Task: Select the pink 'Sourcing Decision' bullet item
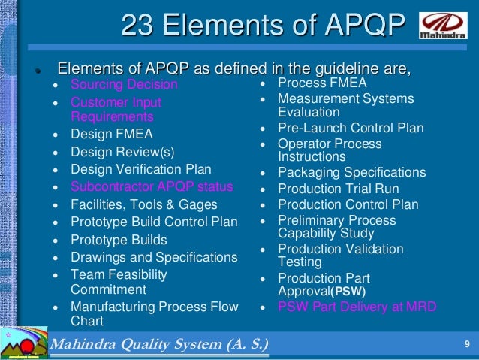pyautogui.click(x=124, y=85)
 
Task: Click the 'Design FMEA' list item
pyautogui.click(x=112, y=135)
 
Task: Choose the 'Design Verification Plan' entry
pyautogui.click(x=141, y=170)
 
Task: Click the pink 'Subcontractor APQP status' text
pyautogui.click(x=152, y=187)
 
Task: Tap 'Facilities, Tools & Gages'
pyautogui.click(x=144, y=204)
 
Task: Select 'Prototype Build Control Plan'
pyautogui.click(x=154, y=222)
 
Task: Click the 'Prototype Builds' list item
pyautogui.click(x=119, y=241)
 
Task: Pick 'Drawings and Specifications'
pyautogui.click(x=154, y=258)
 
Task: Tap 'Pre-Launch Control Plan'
pyautogui.click(x=351, y=128)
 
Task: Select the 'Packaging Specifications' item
pyautogui.click(x=352, y=173)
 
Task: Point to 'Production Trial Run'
pyautogui.click(x=339, y=189)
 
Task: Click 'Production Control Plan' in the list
pyautogui.click(x=348, y=205)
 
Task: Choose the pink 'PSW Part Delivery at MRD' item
pyautogui.click(x=357, y=307)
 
